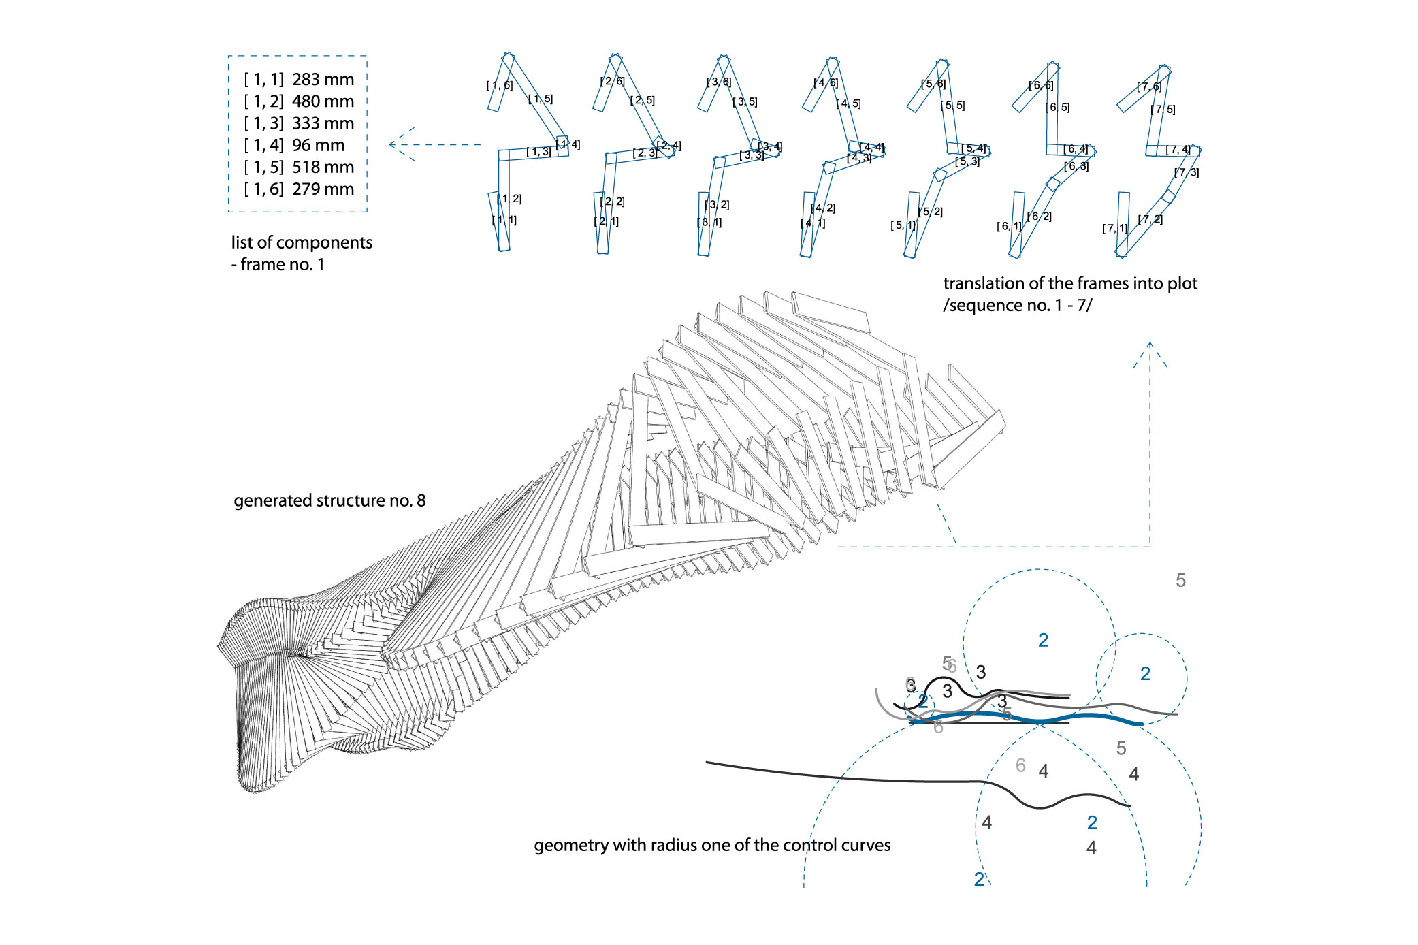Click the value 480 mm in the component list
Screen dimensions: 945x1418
tap(323, 101)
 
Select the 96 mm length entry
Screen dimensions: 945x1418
tap(318, 145)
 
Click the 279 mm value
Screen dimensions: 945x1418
tap(323, 189)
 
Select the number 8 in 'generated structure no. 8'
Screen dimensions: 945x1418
tap(421, 500)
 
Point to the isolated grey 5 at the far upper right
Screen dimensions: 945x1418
tap(1180, 581)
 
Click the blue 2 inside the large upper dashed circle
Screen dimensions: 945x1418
tap(1043, 641)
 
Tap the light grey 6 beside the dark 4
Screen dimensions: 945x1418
tap(1020, 766)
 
